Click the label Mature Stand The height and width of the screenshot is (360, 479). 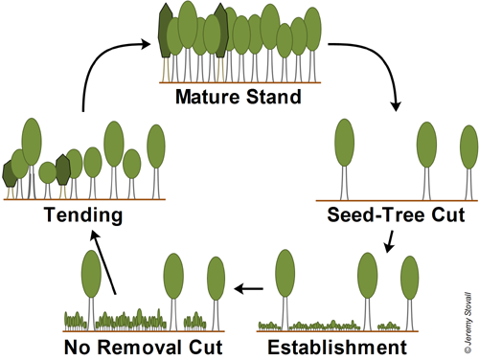pyautogui.click(x=239, y=96)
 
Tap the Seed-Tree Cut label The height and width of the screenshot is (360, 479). pyautogui.click(x=396, y=215)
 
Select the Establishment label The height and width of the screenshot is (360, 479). pyautogui.click(x=344, y=346)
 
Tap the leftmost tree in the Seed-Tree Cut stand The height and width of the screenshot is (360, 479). pyautogui.click(x=343, y=144)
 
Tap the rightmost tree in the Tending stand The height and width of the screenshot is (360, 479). pyautogui.click(x=156, y=148)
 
